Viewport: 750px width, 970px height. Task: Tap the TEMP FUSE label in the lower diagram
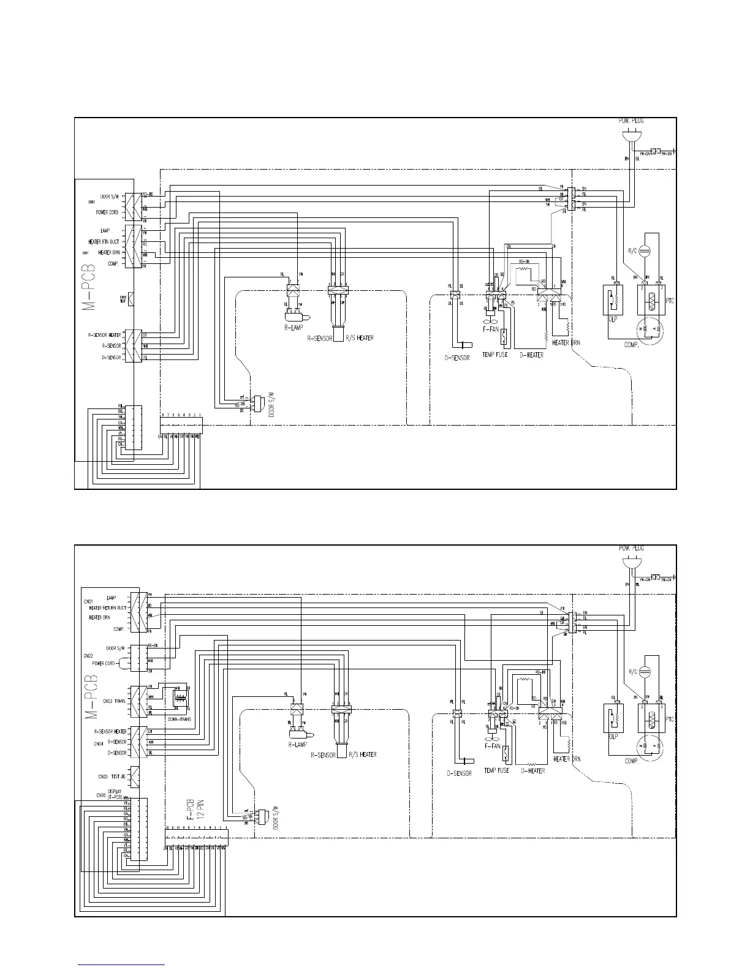(496, 770)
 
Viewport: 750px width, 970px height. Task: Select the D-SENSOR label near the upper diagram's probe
(457, 358)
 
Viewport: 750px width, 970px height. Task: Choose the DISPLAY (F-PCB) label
(115, 794)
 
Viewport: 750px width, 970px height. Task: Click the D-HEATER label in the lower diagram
(532, 771)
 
